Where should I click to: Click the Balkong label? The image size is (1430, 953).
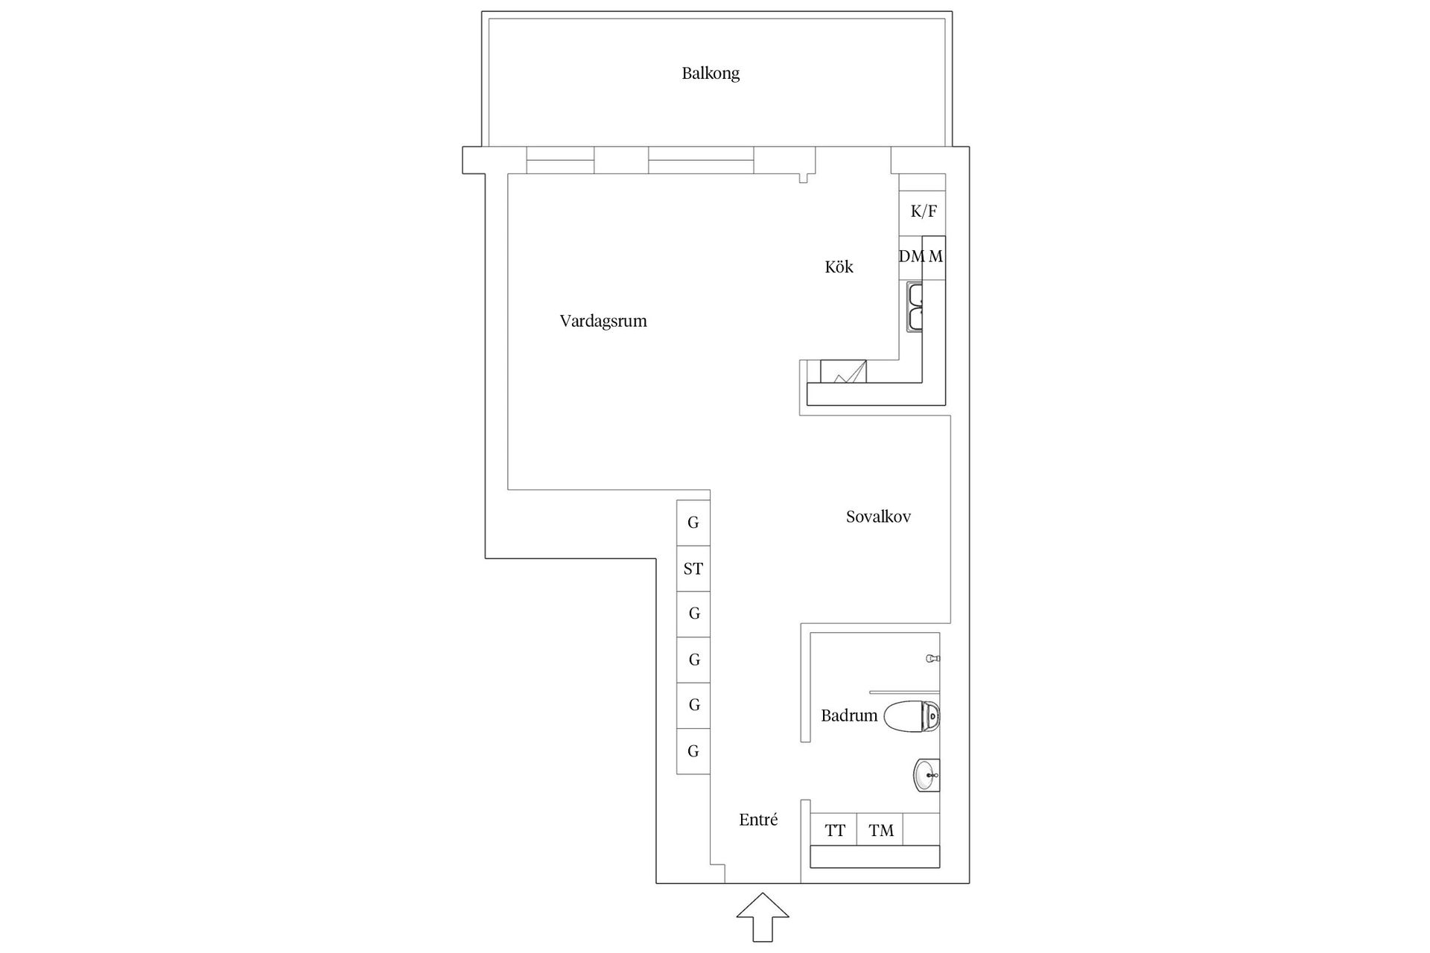point(711,74)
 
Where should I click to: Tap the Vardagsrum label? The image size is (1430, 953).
point(603,322)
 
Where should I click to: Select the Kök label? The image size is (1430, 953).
point(839,267)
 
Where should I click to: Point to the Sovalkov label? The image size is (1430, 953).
point(878,517)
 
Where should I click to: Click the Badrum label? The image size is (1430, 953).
point(849,716)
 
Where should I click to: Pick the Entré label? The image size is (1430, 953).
point(758,820)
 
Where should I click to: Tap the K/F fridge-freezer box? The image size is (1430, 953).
point(923,211)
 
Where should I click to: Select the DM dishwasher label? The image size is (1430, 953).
point(910,257)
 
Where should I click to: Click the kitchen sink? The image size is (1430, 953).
point(915,306)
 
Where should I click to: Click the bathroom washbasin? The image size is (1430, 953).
point(927,776)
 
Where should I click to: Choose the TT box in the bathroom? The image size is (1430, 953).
point(834,830)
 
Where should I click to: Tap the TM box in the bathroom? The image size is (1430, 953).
point(880,830)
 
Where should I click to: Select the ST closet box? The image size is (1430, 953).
point(693,569)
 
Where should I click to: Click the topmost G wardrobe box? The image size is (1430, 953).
point(693,523)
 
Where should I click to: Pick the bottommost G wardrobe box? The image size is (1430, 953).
point(693,751)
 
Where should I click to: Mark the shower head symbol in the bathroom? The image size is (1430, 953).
point(932,659)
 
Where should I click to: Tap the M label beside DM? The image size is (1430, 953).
point(935,257)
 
